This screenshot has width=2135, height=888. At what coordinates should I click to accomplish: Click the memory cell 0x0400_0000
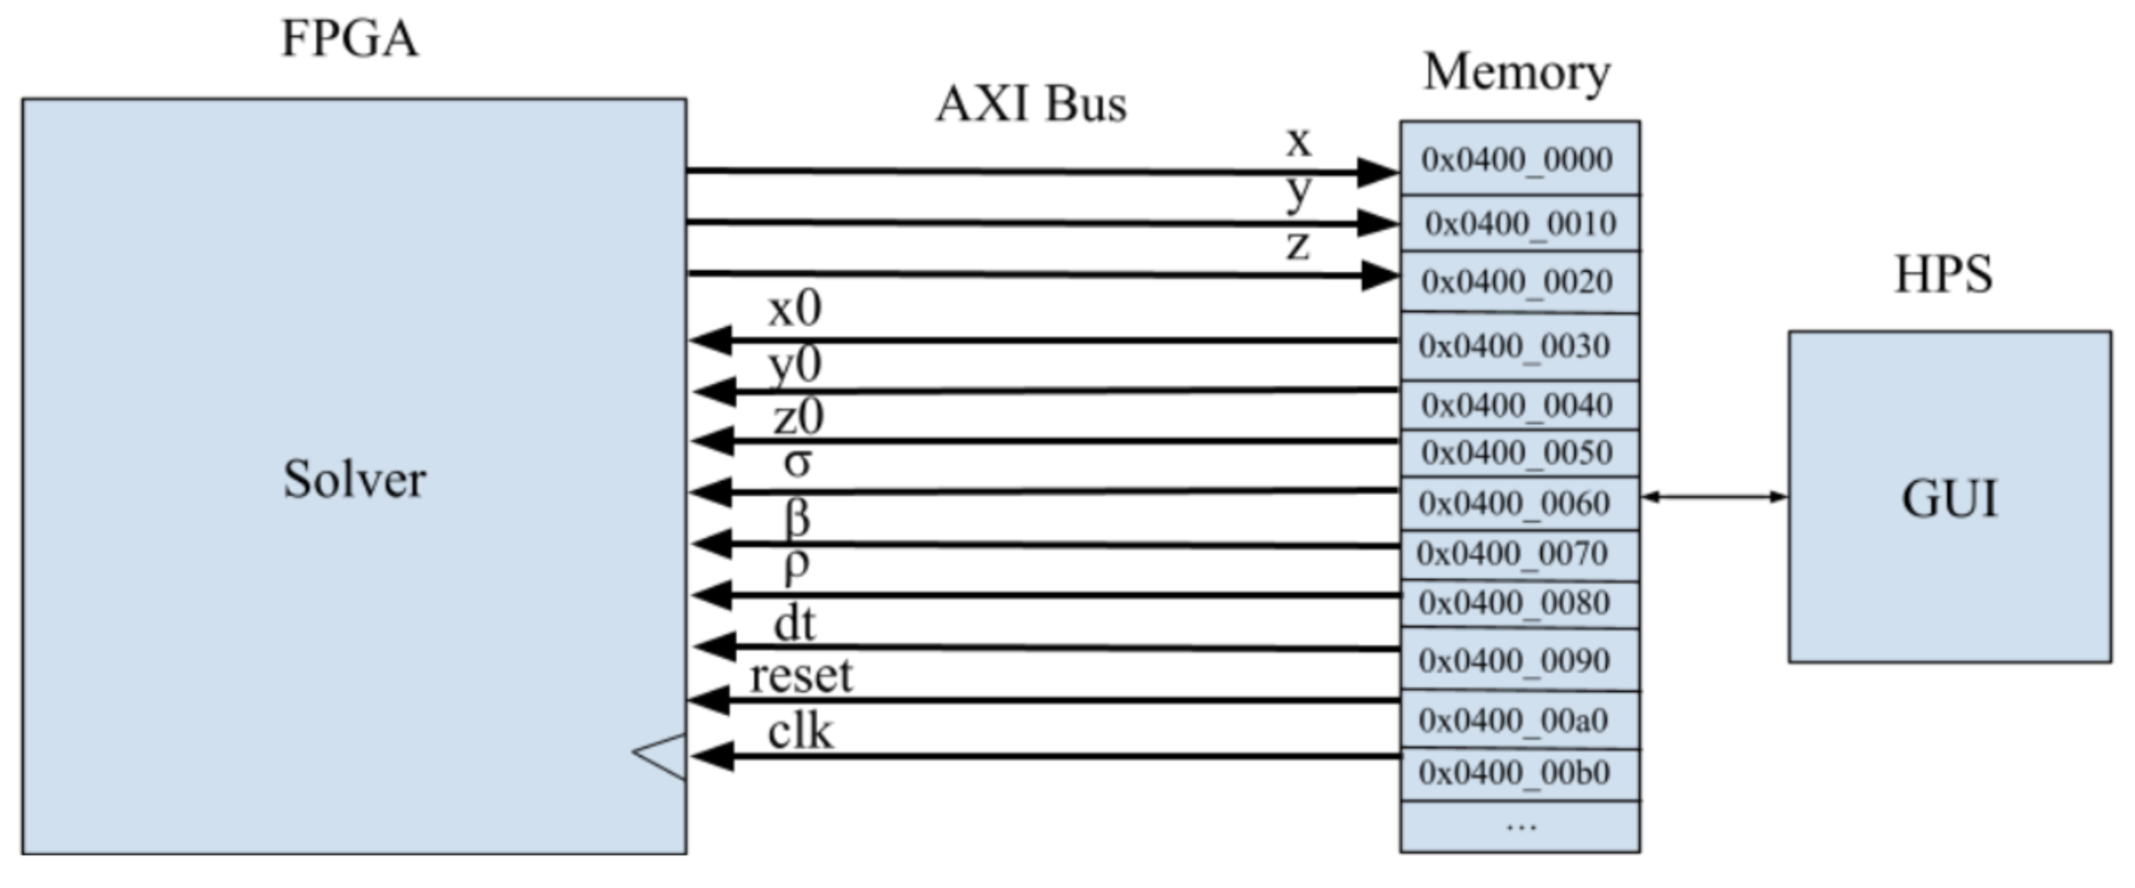pos(1518,159)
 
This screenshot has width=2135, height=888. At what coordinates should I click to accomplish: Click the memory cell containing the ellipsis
pos(1520,827)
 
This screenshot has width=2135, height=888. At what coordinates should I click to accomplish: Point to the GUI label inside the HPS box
pos(1949,499)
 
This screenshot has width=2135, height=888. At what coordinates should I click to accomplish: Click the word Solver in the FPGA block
pos(354,479)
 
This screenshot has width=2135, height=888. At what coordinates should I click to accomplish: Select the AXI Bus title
pos(1031,105)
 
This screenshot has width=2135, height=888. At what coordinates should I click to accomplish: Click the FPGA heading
pos(350,39)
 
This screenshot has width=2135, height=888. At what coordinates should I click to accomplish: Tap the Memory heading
pos(1516,72)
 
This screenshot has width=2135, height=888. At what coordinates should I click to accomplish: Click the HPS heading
pos(1944,274)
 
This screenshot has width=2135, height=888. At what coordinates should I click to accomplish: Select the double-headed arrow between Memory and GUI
pos(1713,497)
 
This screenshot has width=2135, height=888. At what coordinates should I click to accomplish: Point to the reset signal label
pos(801,675)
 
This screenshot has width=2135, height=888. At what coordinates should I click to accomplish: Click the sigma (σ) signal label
pos(797,463)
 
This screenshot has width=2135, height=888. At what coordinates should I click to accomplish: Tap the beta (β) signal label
pos(797,517)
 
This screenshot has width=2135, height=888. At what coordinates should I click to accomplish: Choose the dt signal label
pos(794,624)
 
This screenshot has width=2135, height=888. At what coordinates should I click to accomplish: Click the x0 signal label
pos(794,309)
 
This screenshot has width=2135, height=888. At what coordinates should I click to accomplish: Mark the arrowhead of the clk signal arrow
pos(711,755)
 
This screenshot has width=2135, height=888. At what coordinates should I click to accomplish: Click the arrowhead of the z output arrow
pos(1380,275)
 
